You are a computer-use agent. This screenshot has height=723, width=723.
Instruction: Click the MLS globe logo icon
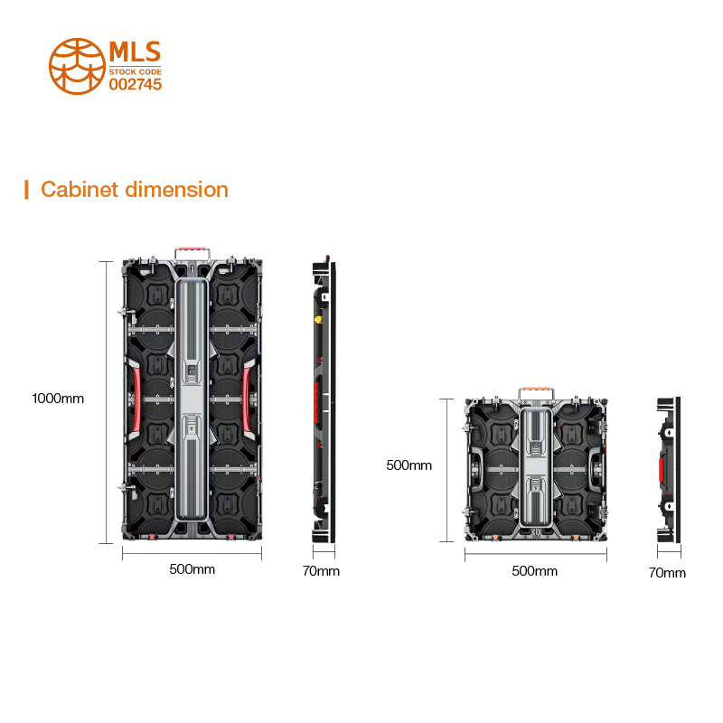coord(76,65)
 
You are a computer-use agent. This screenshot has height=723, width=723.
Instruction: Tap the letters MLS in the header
coord(135,51)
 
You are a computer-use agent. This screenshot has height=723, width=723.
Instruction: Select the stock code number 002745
coord(135,84)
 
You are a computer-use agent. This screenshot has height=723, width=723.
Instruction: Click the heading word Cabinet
coord(80,190)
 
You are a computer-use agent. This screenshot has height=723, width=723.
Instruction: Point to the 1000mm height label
coord(58,398)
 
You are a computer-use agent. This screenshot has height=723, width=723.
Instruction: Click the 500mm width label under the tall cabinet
coord(192,569)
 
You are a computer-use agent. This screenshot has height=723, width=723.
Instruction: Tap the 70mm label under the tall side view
coord(321,571)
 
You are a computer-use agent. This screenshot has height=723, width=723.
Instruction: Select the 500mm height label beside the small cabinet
coord(408,465)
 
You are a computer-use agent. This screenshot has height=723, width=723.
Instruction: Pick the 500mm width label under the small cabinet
coord(534,571)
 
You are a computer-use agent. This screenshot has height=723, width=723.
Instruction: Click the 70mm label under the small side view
coord(667,573)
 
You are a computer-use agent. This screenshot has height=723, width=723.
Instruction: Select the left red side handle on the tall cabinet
coord(134,398)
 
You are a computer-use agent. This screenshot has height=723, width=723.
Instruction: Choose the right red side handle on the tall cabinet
coord(251,398)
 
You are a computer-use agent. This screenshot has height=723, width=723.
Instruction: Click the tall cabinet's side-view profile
coord(323,402)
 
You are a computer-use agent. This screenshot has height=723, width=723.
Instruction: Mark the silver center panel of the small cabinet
coord(536,468)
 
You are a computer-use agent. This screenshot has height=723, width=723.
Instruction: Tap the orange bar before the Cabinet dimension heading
coord(27,190)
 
